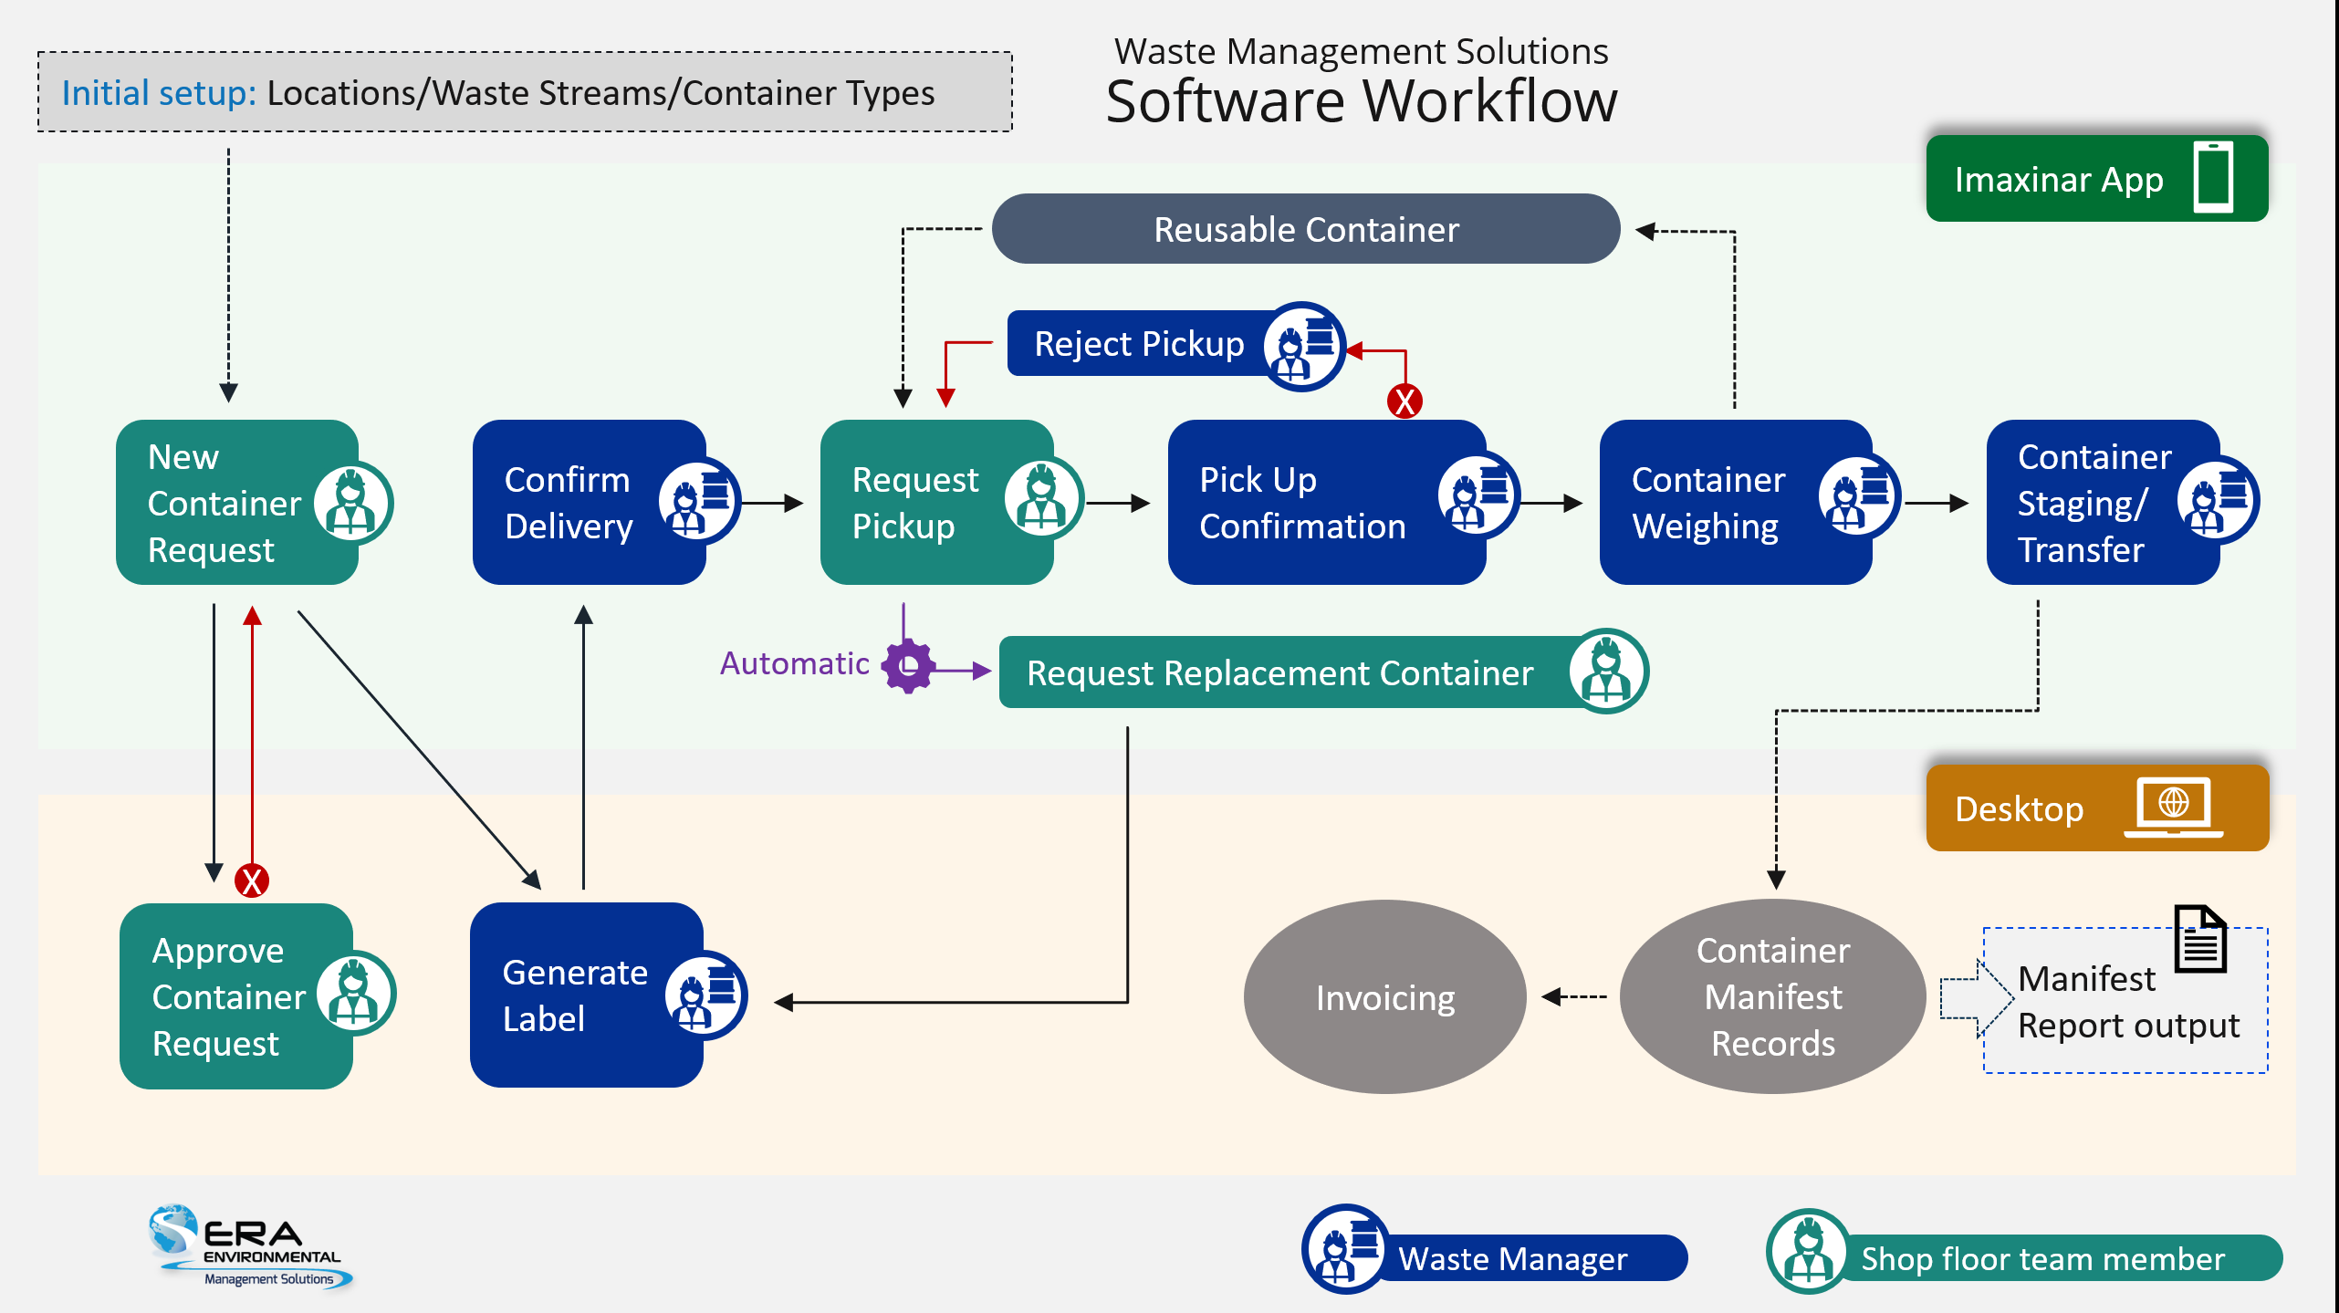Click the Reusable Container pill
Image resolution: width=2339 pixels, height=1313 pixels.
[x=1305, y=229]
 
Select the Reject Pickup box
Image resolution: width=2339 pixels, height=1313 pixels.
[x=1139, y=344]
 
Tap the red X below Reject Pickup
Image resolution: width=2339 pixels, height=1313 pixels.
[x=1404, y=401]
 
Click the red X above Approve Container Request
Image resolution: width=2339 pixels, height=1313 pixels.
[x=252, y=881]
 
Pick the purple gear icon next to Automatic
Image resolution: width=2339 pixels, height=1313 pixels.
[x=908, y=666]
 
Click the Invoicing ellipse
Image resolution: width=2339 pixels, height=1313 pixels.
[x=1384, y=997]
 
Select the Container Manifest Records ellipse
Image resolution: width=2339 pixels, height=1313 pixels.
[x=1772, y=997]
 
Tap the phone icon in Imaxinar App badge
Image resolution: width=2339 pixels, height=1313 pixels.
[x=2213, y=178]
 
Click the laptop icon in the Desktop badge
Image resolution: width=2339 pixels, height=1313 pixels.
[x=2173, y=808]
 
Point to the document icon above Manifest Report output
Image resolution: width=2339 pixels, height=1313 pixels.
[x=2200, y=939]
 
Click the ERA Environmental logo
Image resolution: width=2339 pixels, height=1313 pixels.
[x=248, y=1245]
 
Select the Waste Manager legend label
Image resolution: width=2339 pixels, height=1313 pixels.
[x=1512, y=1259]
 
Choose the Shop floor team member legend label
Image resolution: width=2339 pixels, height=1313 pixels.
[x=2042, y=1259]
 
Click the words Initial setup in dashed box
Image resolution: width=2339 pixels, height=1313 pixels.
[x=159, y=93]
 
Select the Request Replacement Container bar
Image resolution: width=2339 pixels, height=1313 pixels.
[x=1279, y=673]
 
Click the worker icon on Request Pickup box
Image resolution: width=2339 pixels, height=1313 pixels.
[x=1042, y=498]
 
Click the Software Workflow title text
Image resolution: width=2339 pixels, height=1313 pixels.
[x=1361, y=101]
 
